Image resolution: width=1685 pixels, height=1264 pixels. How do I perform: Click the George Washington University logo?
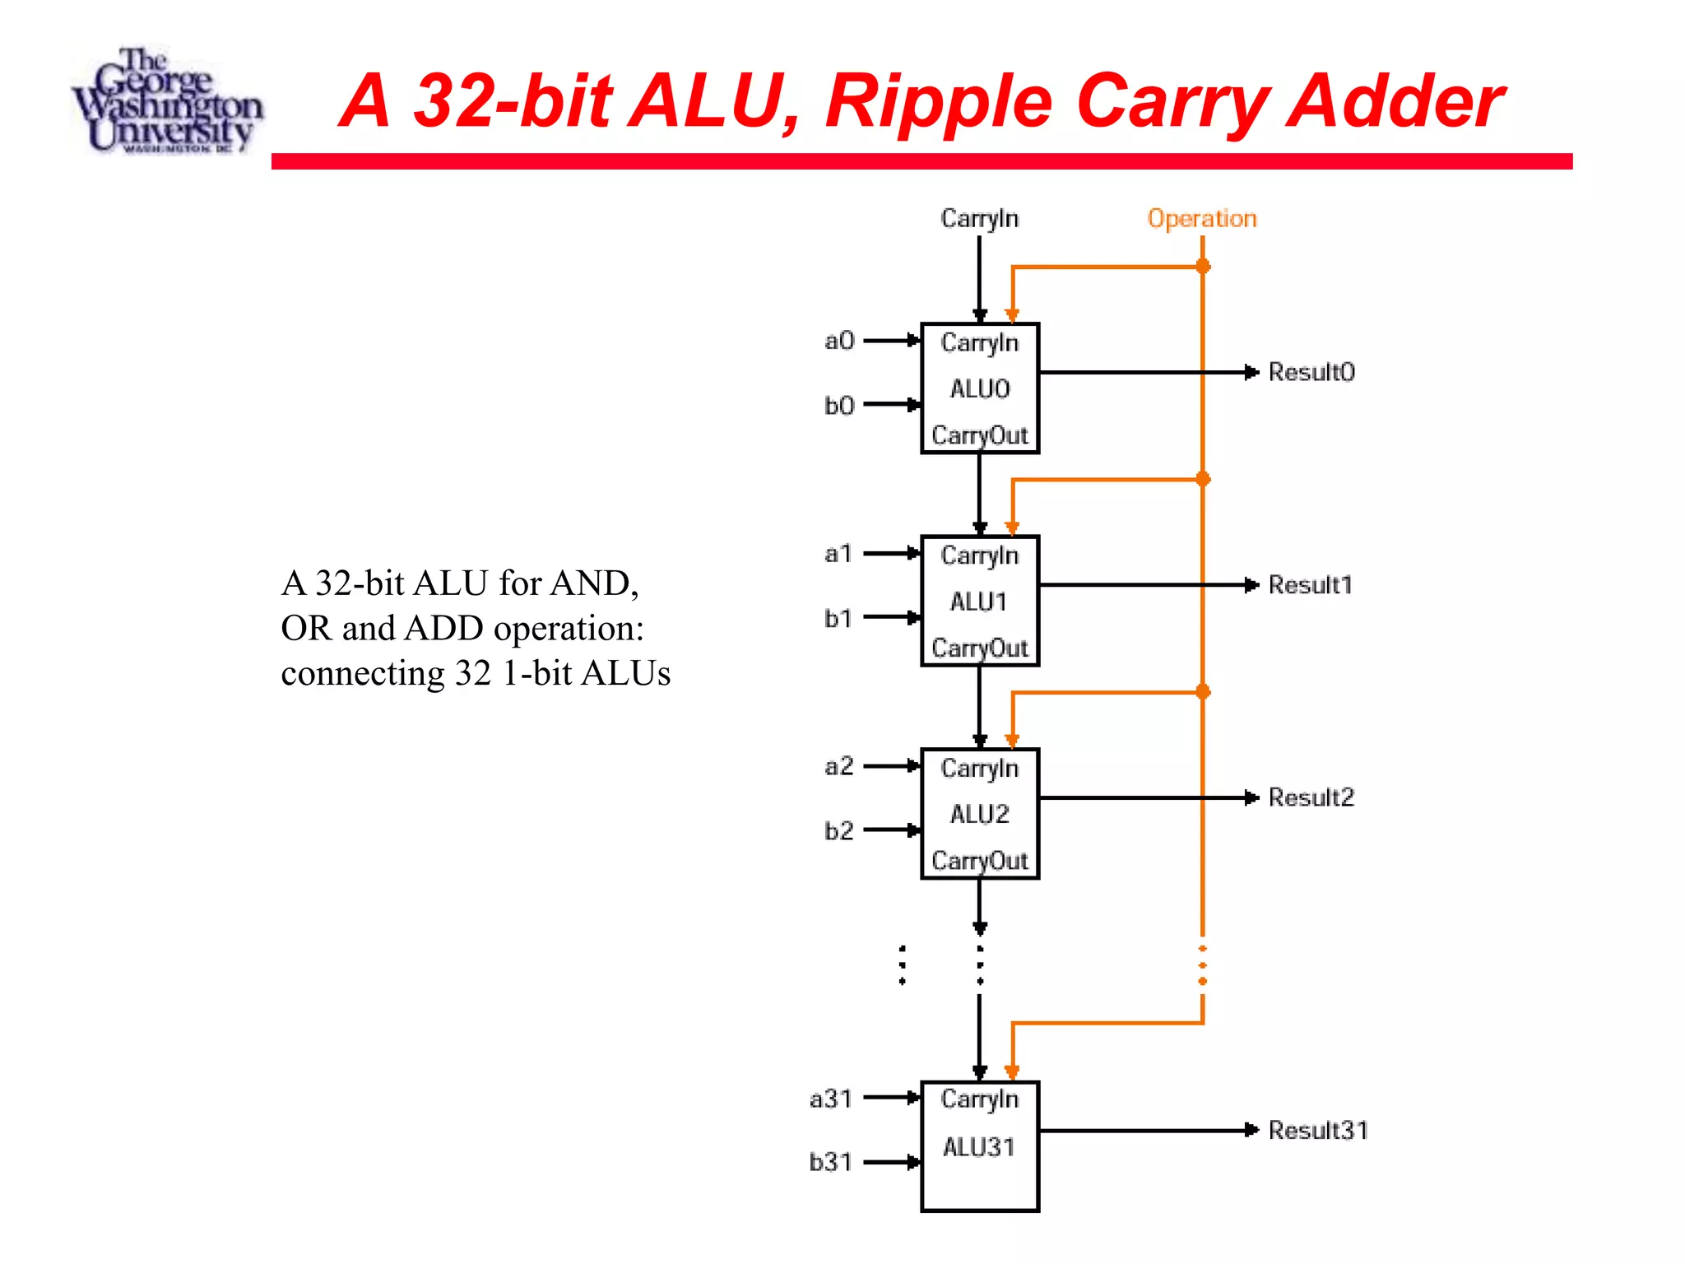click(x=167, y=100)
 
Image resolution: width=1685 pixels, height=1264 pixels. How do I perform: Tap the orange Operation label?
click(x=1201, y=219)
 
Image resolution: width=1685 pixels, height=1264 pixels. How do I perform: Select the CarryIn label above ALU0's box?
click(x=979, y=219)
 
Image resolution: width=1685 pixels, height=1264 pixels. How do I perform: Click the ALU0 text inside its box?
click(x=979, y=388)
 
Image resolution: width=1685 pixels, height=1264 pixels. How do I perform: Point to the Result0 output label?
click(x=1311, y=372)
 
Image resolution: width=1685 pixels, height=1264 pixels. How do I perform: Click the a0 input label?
click(x=839, y=341)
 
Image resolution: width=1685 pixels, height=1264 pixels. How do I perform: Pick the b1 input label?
click(x=838, y=618)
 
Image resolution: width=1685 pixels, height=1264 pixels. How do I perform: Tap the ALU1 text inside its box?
click(x=978, y=602)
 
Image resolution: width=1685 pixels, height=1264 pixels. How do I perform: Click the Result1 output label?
click(x=1310, y=585)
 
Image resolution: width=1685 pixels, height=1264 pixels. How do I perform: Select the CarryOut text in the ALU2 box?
click(x=979, y=861)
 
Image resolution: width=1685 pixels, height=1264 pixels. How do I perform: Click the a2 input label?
click(x=838, y=766)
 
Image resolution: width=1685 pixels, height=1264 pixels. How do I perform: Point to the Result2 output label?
click(x=1311, y=797)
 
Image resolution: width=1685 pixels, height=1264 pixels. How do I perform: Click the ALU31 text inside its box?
click(x=978, y=1146)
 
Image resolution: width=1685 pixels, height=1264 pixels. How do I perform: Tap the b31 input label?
click(x=830, y=1162)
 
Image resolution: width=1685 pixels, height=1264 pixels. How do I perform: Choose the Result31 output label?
click(x=1317, y=1130)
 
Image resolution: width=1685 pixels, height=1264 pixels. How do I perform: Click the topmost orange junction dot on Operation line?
click(x=1203, y=266)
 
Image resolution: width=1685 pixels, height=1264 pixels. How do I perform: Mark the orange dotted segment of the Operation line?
click(x=1203, y=965)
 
